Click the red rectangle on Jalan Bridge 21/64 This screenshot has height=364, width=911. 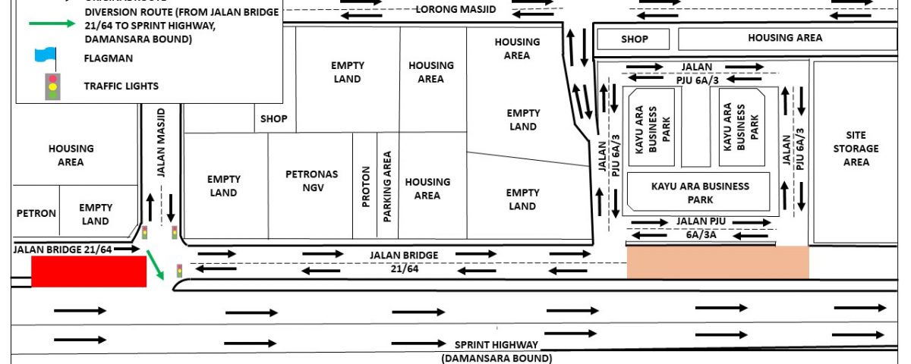click(x=89, y=271)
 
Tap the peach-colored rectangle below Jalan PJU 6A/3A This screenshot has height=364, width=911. click(x=718, y=262)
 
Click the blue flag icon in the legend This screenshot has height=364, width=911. click(x=45, y=56)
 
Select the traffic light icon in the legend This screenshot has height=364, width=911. click(x=52, y=86)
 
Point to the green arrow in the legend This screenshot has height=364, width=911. click(x=52, y=24)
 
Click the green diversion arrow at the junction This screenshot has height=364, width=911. click(x=155, y=265)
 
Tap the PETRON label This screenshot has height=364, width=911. click(x=36, y=213)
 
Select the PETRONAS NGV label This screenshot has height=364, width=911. click(x=312, y=180)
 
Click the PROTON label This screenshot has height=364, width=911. click(x=366, y=187)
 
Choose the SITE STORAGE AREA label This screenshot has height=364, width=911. click(x=856, y=149)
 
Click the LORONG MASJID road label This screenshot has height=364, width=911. click(x=455, y=9)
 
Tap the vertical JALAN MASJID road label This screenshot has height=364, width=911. click(x=161, y=143)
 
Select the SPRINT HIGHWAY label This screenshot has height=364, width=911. click(x=496, y=345)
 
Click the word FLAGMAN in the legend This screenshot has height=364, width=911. click(x=108, y=58)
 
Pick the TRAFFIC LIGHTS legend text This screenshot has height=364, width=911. click(x=121, y=86)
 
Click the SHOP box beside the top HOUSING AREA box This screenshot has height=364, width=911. click(x=633, y=39)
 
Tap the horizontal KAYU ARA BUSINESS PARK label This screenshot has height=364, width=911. click(x=700, y=193)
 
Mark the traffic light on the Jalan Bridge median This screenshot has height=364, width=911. click(x=179, y=271)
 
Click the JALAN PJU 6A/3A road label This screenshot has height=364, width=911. click(x=701, y=228)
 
